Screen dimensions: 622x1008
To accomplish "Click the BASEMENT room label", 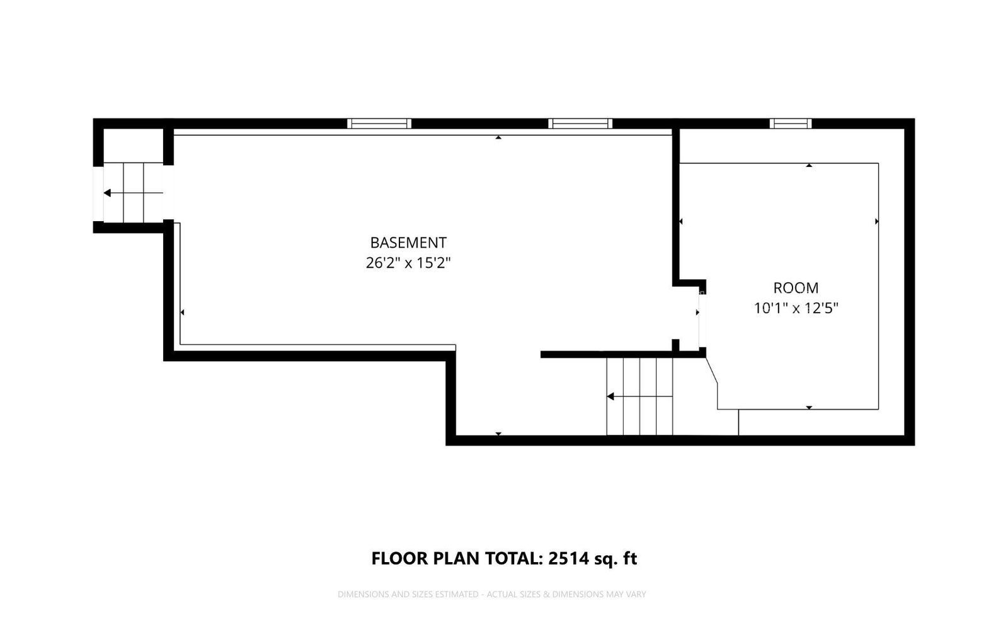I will (x=408, y=243).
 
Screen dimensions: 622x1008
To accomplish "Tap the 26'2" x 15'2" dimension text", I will (x=408, y=263).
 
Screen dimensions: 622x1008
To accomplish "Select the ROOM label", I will (x=796, y=288).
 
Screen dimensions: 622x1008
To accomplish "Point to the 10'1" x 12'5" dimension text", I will (x=796, y=308).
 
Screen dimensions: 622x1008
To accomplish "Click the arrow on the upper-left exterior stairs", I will (x=108, y=193).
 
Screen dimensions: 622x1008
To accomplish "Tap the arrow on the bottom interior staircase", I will (x=610, y=396).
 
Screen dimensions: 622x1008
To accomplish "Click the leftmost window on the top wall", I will (x=379, y=124).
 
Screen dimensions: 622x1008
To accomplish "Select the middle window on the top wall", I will (x=580, y=124).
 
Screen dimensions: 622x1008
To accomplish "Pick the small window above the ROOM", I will (x=790, y=124).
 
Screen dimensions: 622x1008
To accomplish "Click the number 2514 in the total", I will (x=570, y=558).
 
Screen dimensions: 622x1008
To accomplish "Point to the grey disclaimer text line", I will (x=491, y=594).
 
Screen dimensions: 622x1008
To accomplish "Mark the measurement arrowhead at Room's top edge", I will (x=809, y=165).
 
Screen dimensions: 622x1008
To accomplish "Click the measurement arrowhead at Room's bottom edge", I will (x=809, y=408).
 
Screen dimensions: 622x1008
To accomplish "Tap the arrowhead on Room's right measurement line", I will (x=876, y=221).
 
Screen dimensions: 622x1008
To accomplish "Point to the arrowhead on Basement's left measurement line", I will (x=182, y=312).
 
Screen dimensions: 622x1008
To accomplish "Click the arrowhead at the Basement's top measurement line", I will (x=498, y=137).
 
